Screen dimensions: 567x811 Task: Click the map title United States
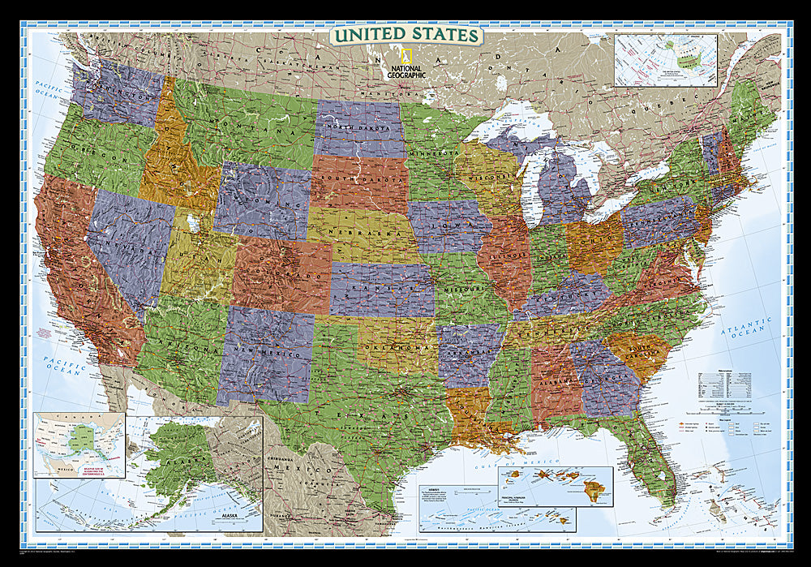coord(405,36)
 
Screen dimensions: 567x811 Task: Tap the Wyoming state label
coord(262,199)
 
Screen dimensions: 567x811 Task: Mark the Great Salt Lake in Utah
coord(191,221)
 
